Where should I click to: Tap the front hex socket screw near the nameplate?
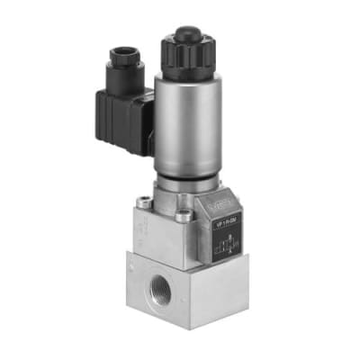pos(184,216)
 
